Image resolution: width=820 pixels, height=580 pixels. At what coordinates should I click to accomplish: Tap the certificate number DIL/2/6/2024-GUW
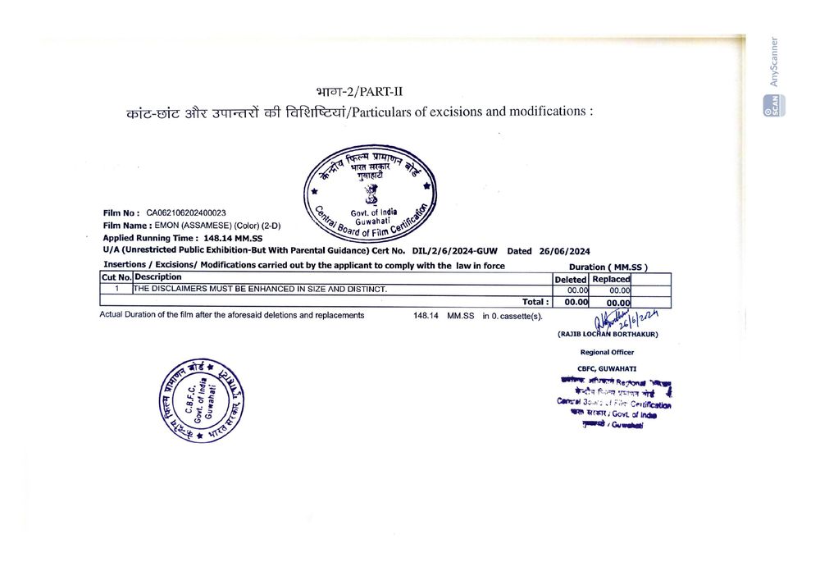point(454,251)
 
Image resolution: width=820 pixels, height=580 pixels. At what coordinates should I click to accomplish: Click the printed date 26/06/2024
point(561,251)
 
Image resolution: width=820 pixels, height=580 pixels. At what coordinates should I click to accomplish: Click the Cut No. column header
point(116,277)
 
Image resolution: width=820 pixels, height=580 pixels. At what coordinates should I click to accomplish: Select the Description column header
point(158,277)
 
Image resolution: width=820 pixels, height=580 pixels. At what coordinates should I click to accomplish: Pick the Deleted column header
point(571,279)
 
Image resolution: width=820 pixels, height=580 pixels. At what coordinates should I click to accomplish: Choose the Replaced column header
point(611,279)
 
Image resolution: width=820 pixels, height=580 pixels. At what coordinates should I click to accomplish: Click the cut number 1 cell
point(116,290)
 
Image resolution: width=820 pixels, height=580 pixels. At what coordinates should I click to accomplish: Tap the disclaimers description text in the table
point(260,290)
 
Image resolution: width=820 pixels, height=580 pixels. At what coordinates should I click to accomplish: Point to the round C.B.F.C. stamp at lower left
point(203,402)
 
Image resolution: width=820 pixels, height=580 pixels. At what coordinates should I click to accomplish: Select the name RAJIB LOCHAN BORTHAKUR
point(608,334)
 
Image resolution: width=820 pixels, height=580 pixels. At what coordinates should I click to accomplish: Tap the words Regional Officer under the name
point(607,352)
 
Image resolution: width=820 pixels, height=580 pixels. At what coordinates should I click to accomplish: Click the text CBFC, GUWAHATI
point(607,369)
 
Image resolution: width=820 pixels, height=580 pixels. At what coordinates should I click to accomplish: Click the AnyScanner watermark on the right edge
point(774,62)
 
